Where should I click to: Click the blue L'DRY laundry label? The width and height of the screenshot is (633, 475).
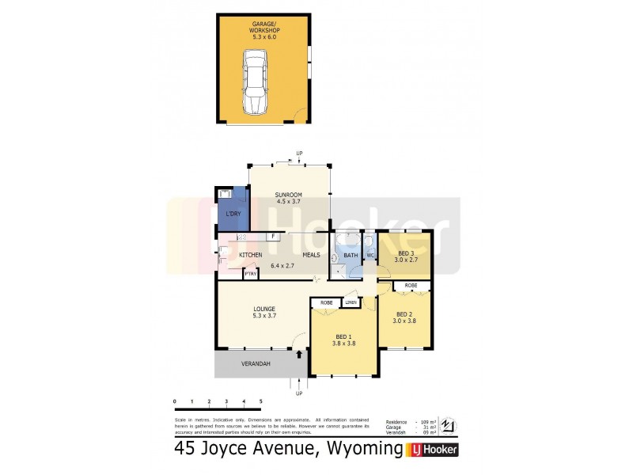[x=233, y=215]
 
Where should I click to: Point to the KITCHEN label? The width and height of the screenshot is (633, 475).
[x=251, y=255]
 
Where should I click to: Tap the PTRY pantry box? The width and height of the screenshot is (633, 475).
[x=250, y=274]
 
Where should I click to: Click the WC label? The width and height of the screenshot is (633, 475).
[x=370, y=255]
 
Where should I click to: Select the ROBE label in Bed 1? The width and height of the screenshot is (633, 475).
[x=325, y=302]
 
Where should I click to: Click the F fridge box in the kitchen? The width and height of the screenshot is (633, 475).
[x=273, y=237]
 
